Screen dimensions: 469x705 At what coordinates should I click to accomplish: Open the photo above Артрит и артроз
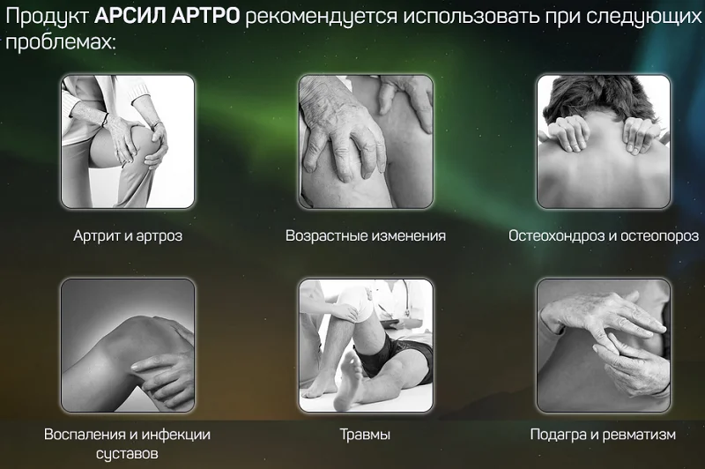point(127,142)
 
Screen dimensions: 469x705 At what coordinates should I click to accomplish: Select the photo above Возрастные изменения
point(366,142)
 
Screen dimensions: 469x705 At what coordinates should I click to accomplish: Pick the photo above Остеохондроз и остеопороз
point(604,142)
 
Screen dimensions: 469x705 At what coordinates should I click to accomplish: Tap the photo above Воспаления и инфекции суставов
point(127,346)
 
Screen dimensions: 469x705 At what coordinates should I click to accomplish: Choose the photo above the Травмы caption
point(366,346)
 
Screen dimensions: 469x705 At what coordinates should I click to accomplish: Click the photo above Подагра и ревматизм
point(604,346)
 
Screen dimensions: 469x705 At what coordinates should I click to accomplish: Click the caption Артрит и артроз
point(127,236)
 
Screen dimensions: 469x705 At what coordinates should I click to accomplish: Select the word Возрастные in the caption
point(323,236)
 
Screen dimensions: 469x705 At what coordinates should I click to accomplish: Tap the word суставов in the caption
point(127,454)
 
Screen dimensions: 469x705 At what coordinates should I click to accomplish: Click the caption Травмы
point(365,435)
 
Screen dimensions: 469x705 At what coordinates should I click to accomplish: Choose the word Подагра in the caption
point(557,435)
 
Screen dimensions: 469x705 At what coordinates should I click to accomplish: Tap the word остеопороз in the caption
point(658,236)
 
